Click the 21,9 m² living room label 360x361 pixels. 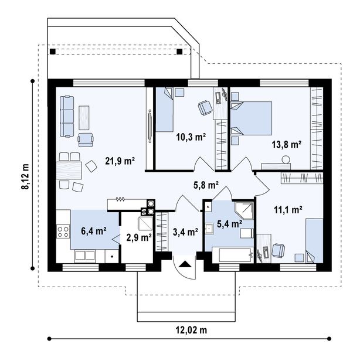click(x=120, y=161)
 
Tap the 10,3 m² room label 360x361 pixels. click(x=191, y=137)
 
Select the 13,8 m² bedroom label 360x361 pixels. click(x=287, y=145)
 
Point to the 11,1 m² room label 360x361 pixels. click(x=288, y=210)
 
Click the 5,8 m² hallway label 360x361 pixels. click(x=206, y=185)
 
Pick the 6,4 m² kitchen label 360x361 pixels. click(x=93, y=231)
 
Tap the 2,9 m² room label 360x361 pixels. click(x=139, y=237)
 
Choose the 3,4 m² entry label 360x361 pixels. click(x=186, y=232)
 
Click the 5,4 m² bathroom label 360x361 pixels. click(x=229, y=223)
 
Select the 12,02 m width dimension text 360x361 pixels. click(x=191, y=330)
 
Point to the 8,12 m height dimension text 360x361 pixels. click(x=25, y=176)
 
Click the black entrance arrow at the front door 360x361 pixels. click(x=185, y=264)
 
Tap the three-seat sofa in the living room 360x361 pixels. click(x=67, y=117)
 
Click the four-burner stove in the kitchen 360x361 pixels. click(x=63, y=231)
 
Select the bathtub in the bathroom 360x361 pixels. click(x=233, y=255)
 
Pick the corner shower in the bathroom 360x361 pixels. click(x=244, y=210)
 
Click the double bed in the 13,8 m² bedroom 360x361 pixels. click(x=252, y=118)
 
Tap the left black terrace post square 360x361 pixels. click(x=53, y=52)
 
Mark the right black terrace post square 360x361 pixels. click(x=179, y=52)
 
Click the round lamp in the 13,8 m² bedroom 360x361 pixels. click(x=286, y=159)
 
